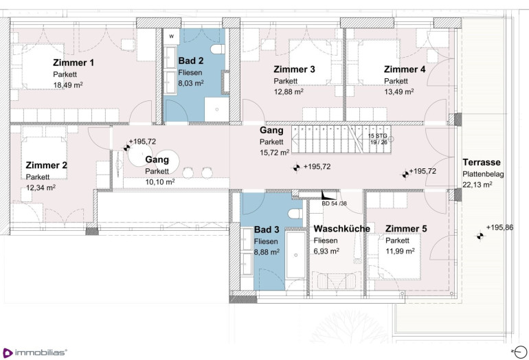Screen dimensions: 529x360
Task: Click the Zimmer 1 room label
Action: [x=74, y=63]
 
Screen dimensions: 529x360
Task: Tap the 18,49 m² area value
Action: [x=68, y=85]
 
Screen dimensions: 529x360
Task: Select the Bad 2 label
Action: [x=190, y=60]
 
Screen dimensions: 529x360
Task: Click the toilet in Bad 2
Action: [x=218, y=49]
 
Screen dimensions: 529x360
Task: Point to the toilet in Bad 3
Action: [x=295, y=213]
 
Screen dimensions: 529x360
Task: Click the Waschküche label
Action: [x=341, y=229]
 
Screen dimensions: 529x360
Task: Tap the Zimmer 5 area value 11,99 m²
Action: [x=400, y=251]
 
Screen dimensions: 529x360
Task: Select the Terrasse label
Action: [x=482, y=162]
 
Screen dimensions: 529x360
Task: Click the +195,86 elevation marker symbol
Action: [x=480, y=236]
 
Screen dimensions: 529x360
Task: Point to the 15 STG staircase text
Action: [x=378, y=135]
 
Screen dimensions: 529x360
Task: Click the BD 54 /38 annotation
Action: [x=334, y=203]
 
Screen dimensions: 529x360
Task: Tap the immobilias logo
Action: [x=35, y=352]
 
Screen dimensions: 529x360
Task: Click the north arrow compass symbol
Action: [x=520, y=352]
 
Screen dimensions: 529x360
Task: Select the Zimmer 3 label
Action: [x=294, y=69]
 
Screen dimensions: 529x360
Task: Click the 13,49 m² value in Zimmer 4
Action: [x=398, y=91]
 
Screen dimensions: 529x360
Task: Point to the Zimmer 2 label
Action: [x=47, y=166]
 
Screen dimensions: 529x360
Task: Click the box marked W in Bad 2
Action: [x=172, y=36]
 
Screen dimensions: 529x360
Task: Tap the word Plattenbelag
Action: [x=483, y=174]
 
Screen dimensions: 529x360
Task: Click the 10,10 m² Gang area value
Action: [x=160, y=182]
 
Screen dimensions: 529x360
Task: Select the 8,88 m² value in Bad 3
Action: [x=267, y=252]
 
